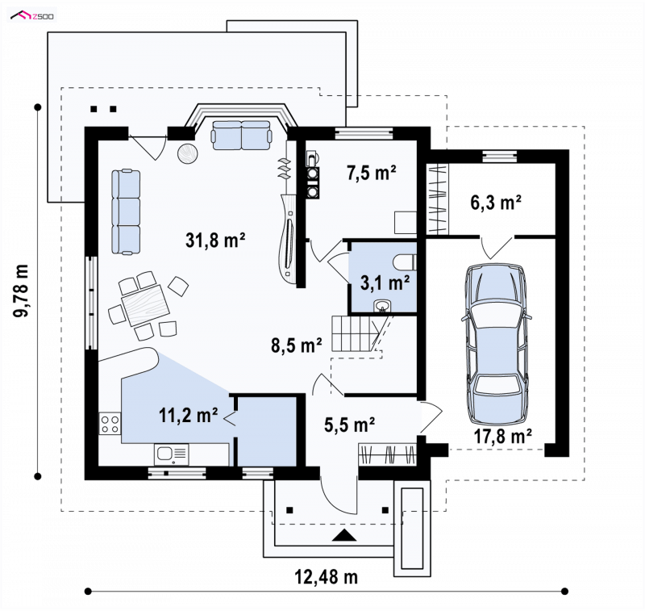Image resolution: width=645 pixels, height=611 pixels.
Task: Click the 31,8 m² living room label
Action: point(215,240)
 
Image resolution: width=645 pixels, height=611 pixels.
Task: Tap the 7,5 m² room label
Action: point(372,173)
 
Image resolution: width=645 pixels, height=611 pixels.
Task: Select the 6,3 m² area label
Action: point(496,203)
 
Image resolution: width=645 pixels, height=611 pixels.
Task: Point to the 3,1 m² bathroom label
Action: point(385,282)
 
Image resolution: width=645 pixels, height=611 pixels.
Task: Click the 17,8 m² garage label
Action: point(503,437)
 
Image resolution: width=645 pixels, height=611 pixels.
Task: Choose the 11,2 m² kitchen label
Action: point(189,416)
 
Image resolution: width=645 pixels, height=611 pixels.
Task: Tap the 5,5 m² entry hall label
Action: point(350,425)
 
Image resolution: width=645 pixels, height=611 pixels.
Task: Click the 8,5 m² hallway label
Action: point(297,345)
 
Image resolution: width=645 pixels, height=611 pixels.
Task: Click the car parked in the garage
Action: point(496,344)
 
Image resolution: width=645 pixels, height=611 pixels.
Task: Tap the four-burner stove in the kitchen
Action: point(110,424)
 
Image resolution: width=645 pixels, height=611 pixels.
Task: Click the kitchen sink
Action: point(172,454)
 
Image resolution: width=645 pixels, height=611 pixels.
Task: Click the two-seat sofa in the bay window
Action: point(241,135)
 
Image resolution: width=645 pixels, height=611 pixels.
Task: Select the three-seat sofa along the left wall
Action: point(126,211)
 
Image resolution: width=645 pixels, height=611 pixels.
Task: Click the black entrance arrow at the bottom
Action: point(344,535)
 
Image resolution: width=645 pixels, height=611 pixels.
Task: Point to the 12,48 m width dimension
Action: point(327,577)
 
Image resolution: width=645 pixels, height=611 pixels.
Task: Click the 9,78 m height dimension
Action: point(21,291)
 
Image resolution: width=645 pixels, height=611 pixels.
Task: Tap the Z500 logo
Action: point(32,15)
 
